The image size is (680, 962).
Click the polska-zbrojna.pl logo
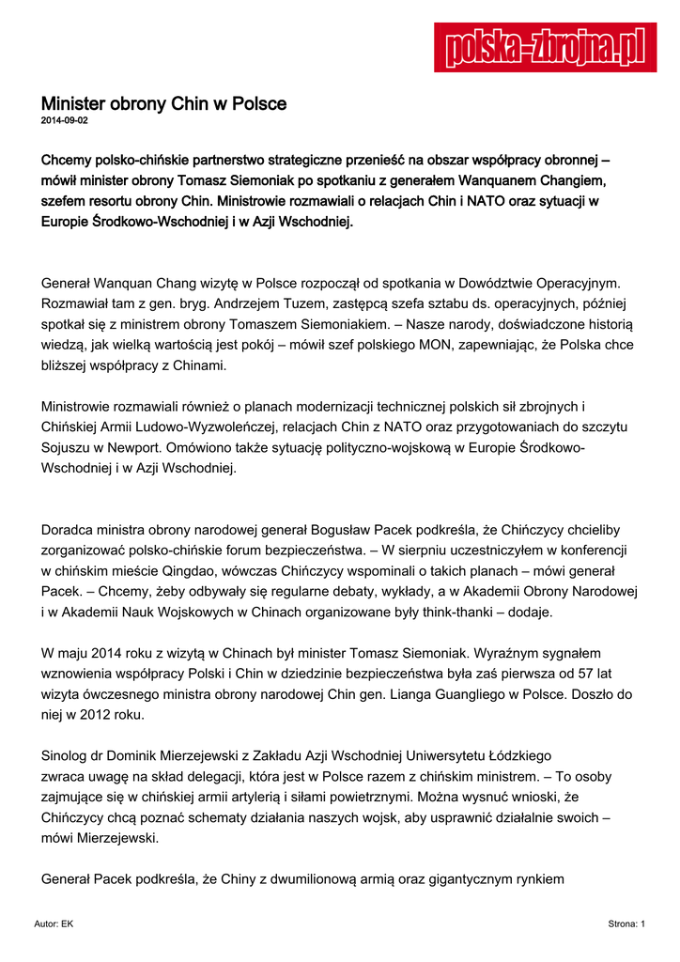click(x=545, y=47)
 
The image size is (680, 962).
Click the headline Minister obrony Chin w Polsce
click(x=163, y=103)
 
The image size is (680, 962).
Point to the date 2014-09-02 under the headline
click(x=65, y=121)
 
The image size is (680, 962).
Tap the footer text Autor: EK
click(x=54, y=924)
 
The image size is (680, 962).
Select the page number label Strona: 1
click(x=626, y=924)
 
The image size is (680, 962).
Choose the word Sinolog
click(x=68, y=755)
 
